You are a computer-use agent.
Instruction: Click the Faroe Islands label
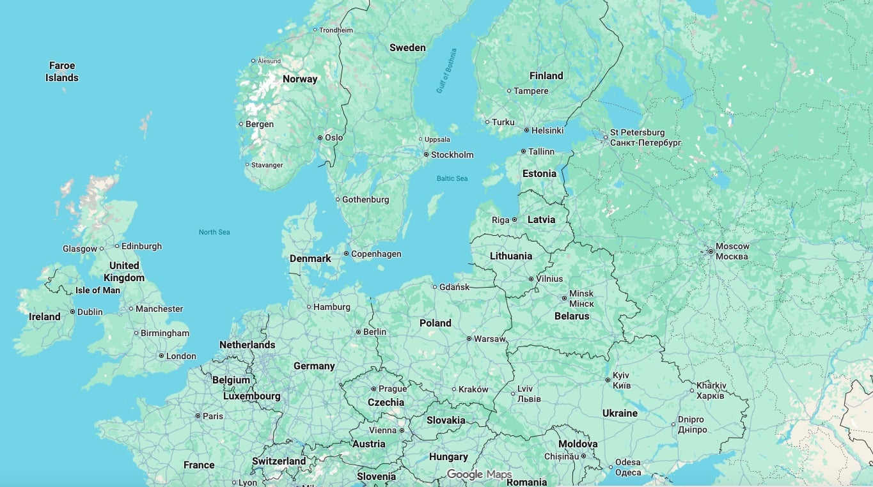point(62,72)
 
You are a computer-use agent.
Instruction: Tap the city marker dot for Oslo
point(320,137)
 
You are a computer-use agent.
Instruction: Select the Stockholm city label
point(452,155)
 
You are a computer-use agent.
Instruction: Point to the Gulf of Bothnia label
point(446,71)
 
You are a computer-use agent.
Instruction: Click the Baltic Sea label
point(452,178)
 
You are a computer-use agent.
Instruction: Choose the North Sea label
point(214,232)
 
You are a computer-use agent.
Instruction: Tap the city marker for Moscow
point(711,252)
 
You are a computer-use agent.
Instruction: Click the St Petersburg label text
point(637,133)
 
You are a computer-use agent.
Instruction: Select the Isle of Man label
point(98,290)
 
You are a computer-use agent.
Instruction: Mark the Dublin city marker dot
point(72,312)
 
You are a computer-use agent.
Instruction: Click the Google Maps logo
point(479,474)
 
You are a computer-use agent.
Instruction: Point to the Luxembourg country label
point(251,396)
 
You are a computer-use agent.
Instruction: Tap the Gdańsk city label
point(455,287)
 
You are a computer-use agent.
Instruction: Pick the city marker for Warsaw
point(469,339)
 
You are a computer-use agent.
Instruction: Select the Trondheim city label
point(336,30)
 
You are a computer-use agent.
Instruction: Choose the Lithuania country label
point(510,256)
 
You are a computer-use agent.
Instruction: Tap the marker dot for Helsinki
point(526,130)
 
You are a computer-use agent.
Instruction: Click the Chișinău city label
point(561,456)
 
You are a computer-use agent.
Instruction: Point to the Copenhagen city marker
point(347,254)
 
